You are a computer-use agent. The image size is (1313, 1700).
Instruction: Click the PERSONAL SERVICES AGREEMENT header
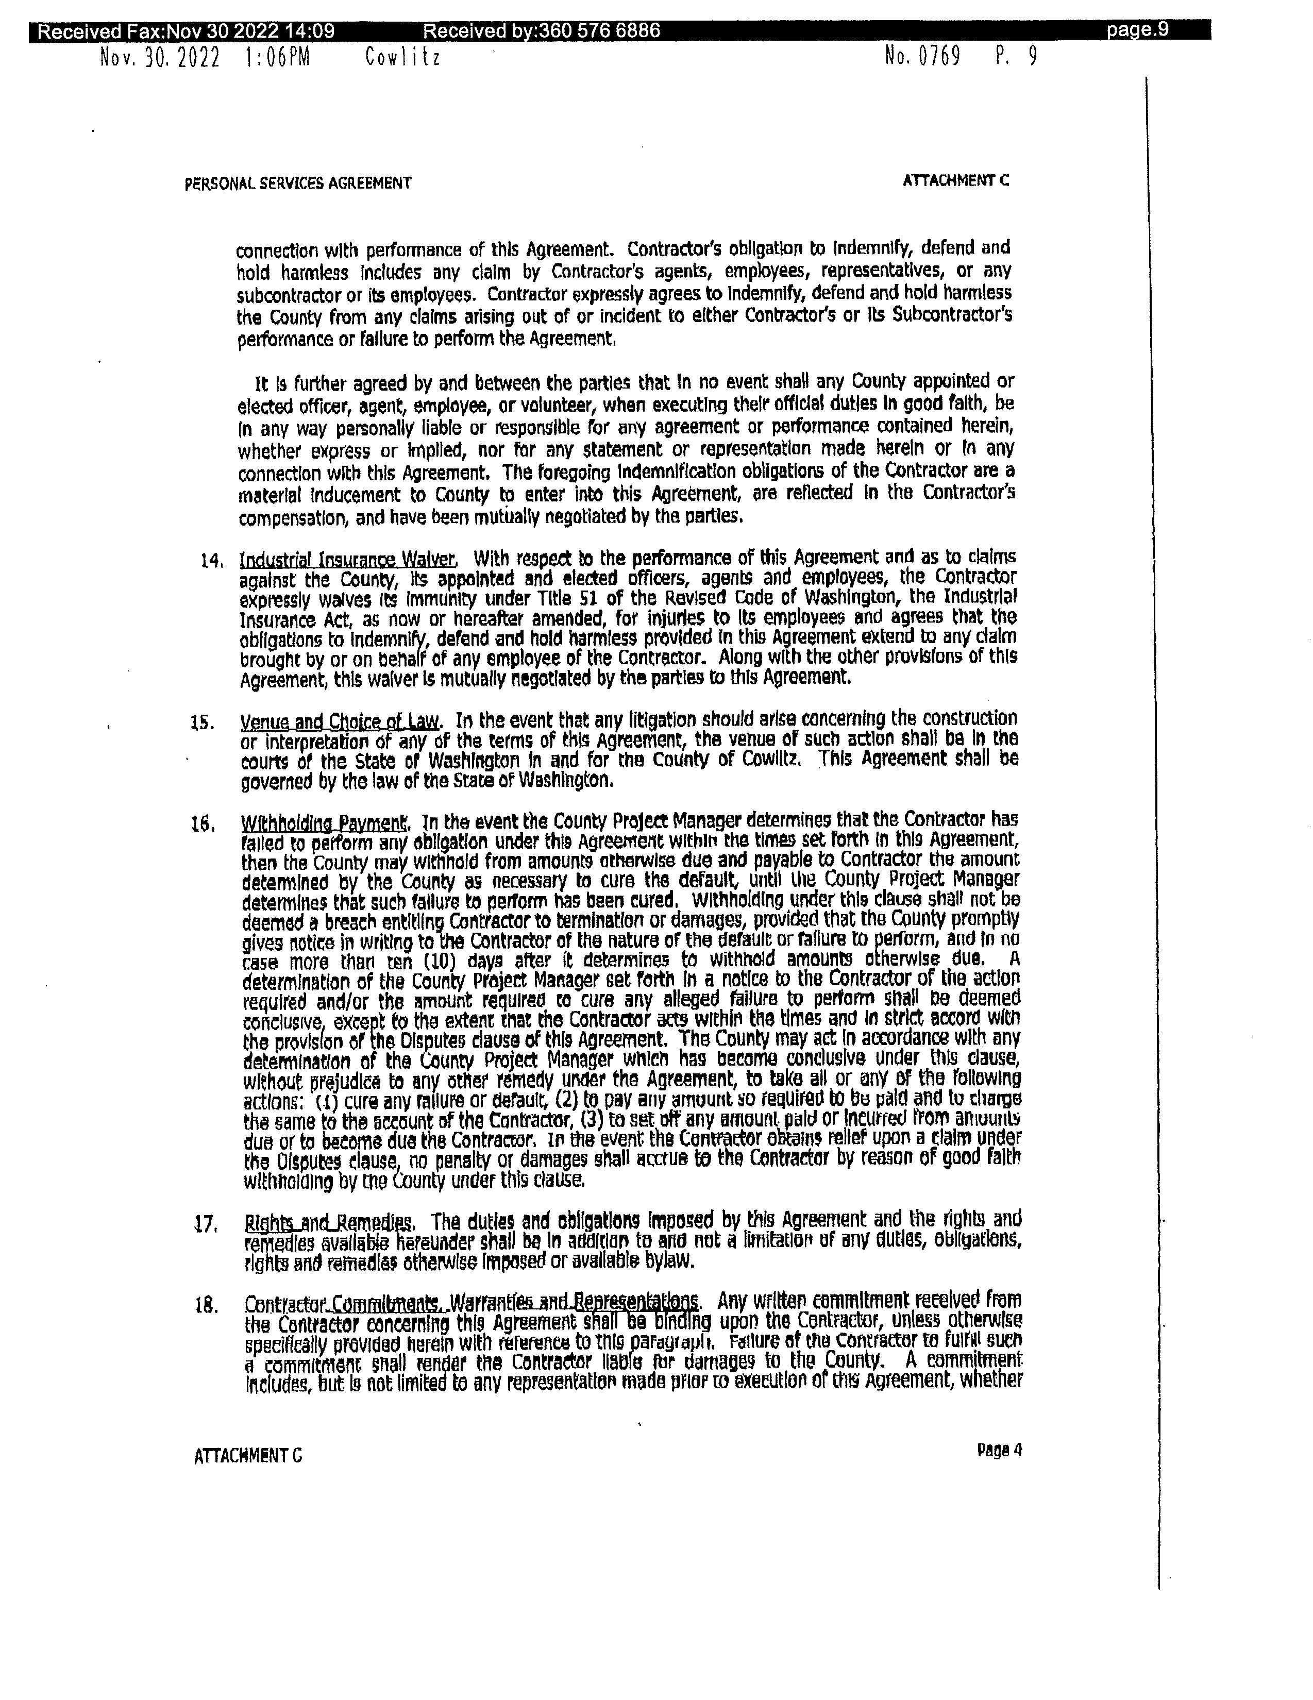point(298,183)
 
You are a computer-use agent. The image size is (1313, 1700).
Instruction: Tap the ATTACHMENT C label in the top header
point(956,180)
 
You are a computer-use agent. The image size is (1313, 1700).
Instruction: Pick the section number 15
point(203,722)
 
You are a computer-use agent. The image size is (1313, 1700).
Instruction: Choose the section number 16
point(203,823)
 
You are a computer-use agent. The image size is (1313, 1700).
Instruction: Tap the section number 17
point(205,1224)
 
